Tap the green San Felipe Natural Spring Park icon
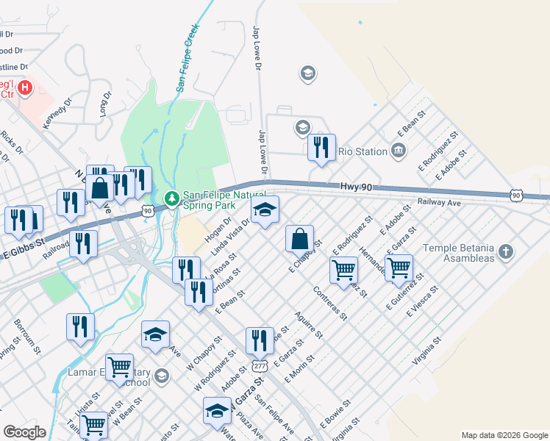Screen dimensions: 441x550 point(172,198)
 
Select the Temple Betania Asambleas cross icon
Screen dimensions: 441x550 point(505,252)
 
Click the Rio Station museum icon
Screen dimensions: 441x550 point(399,151)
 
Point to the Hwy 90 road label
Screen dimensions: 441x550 point(357,188)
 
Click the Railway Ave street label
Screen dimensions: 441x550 point(438,201)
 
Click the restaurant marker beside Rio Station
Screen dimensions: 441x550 point(321,148)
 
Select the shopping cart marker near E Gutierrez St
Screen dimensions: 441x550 point(399,268)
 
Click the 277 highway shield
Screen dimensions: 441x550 point(260,365)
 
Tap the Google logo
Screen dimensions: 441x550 point(24,431)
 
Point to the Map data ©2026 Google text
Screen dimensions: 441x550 point(504,435)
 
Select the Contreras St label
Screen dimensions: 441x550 point(329,304)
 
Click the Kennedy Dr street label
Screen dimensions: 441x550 point(57,113)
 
